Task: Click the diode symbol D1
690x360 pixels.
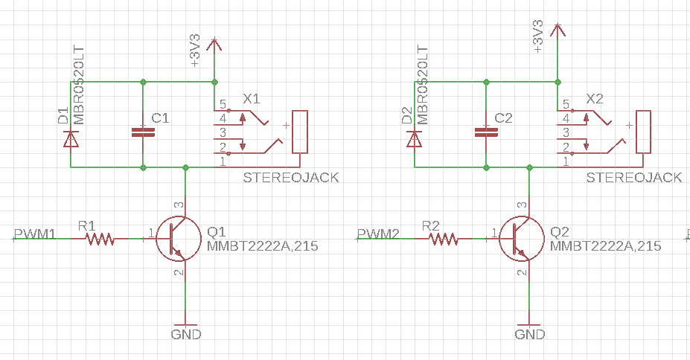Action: [71, 138]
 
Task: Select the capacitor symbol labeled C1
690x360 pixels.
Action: [143, 132]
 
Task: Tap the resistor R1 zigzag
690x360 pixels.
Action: [100, 239]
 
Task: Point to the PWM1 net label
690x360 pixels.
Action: [35, 234]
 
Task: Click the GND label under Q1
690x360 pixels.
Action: [185, 334]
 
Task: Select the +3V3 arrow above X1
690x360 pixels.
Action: [214, 45]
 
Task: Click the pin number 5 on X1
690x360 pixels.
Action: [223, 104]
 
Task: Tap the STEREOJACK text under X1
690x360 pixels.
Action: [291, 178]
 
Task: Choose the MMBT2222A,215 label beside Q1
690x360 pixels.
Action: [262, 245]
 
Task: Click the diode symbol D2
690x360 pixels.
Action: [414, 138]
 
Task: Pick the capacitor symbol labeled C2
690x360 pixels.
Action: [486, 132]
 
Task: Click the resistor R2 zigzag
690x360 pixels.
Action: [443, 239]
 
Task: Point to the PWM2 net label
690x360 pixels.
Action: [378, 234]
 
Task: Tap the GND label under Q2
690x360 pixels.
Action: [529, 334]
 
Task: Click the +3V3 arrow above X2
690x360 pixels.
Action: [558, 30]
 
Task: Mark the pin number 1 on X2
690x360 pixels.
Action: [566, 161]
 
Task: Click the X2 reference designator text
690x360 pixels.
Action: [595, 98]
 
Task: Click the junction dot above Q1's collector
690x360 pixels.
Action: [185, 167]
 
